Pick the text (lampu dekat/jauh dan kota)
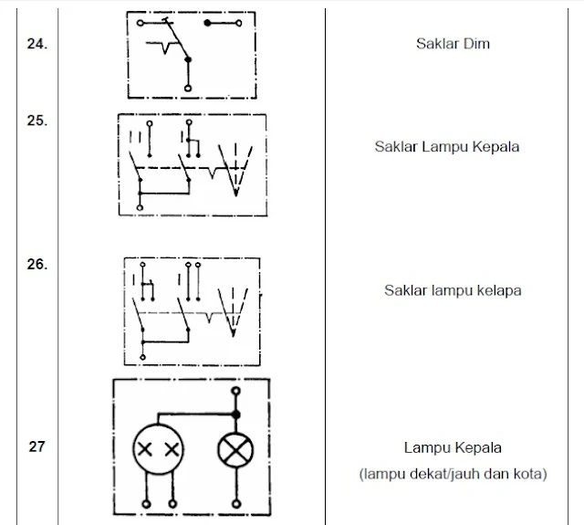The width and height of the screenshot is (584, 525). click(x=453, y=474)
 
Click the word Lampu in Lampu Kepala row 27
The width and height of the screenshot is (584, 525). click(x=424, y=448)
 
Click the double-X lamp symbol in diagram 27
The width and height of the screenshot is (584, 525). click(x=157, y=449)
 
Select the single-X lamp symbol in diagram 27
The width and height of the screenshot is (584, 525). click(x=236, y=449)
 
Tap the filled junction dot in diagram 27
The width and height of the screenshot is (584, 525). click(x=236, y=414)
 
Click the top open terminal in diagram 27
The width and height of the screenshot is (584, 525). click(x=236, y=391)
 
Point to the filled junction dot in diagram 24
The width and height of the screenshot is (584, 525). click(x=188, y=58)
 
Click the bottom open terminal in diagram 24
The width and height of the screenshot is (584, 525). click(x=188, y=88)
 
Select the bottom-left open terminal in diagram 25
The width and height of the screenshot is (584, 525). click(x=140, y=208)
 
